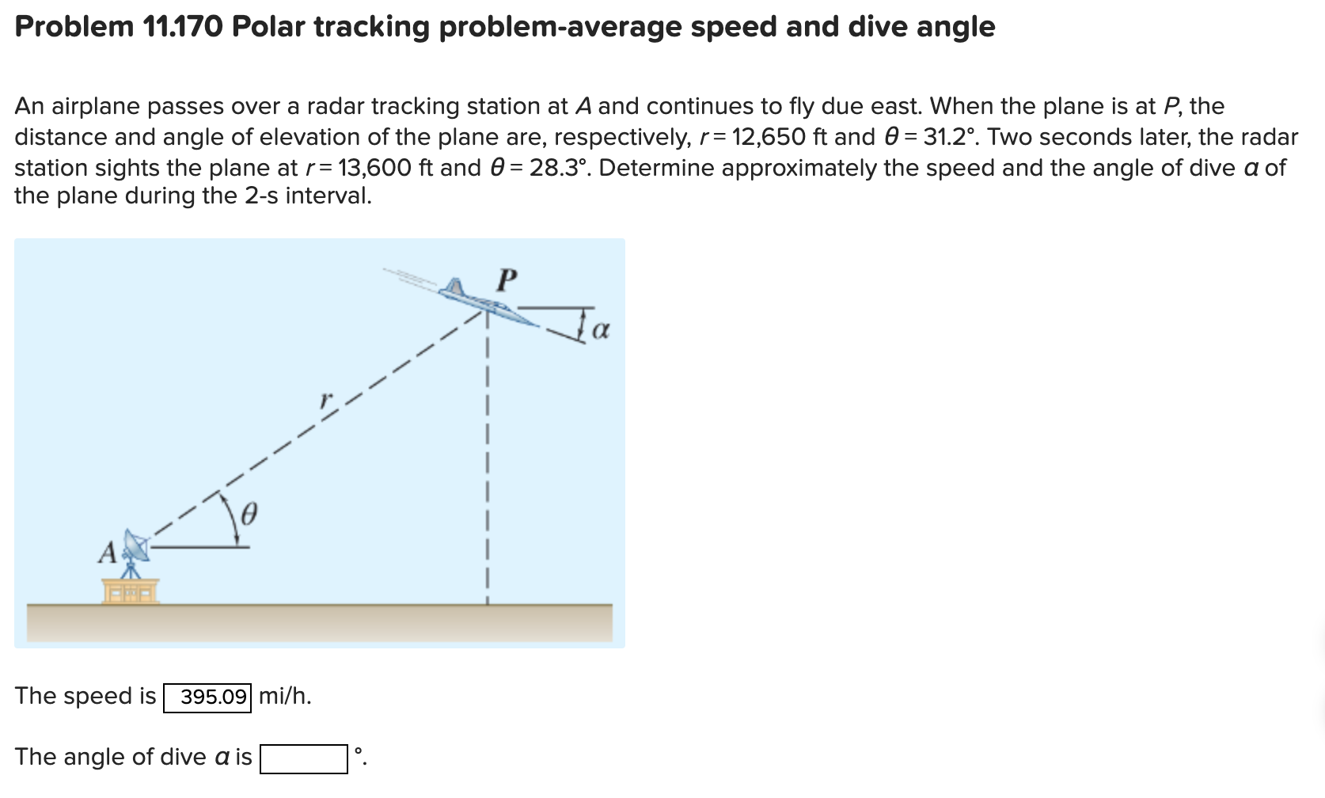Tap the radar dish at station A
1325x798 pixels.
click(136, 546)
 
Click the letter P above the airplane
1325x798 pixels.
click(507, 279)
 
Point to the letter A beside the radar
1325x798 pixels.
click(108, 552)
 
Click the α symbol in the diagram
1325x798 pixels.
click(601, 329)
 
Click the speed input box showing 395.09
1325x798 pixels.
click(207, 697)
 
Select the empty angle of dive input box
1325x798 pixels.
click(304, 758)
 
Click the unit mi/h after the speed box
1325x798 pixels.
click(285, 697)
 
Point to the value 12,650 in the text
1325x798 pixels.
click(769, 137)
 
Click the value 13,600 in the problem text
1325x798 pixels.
click(374, 168)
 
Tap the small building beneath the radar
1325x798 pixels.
click(131, 591)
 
